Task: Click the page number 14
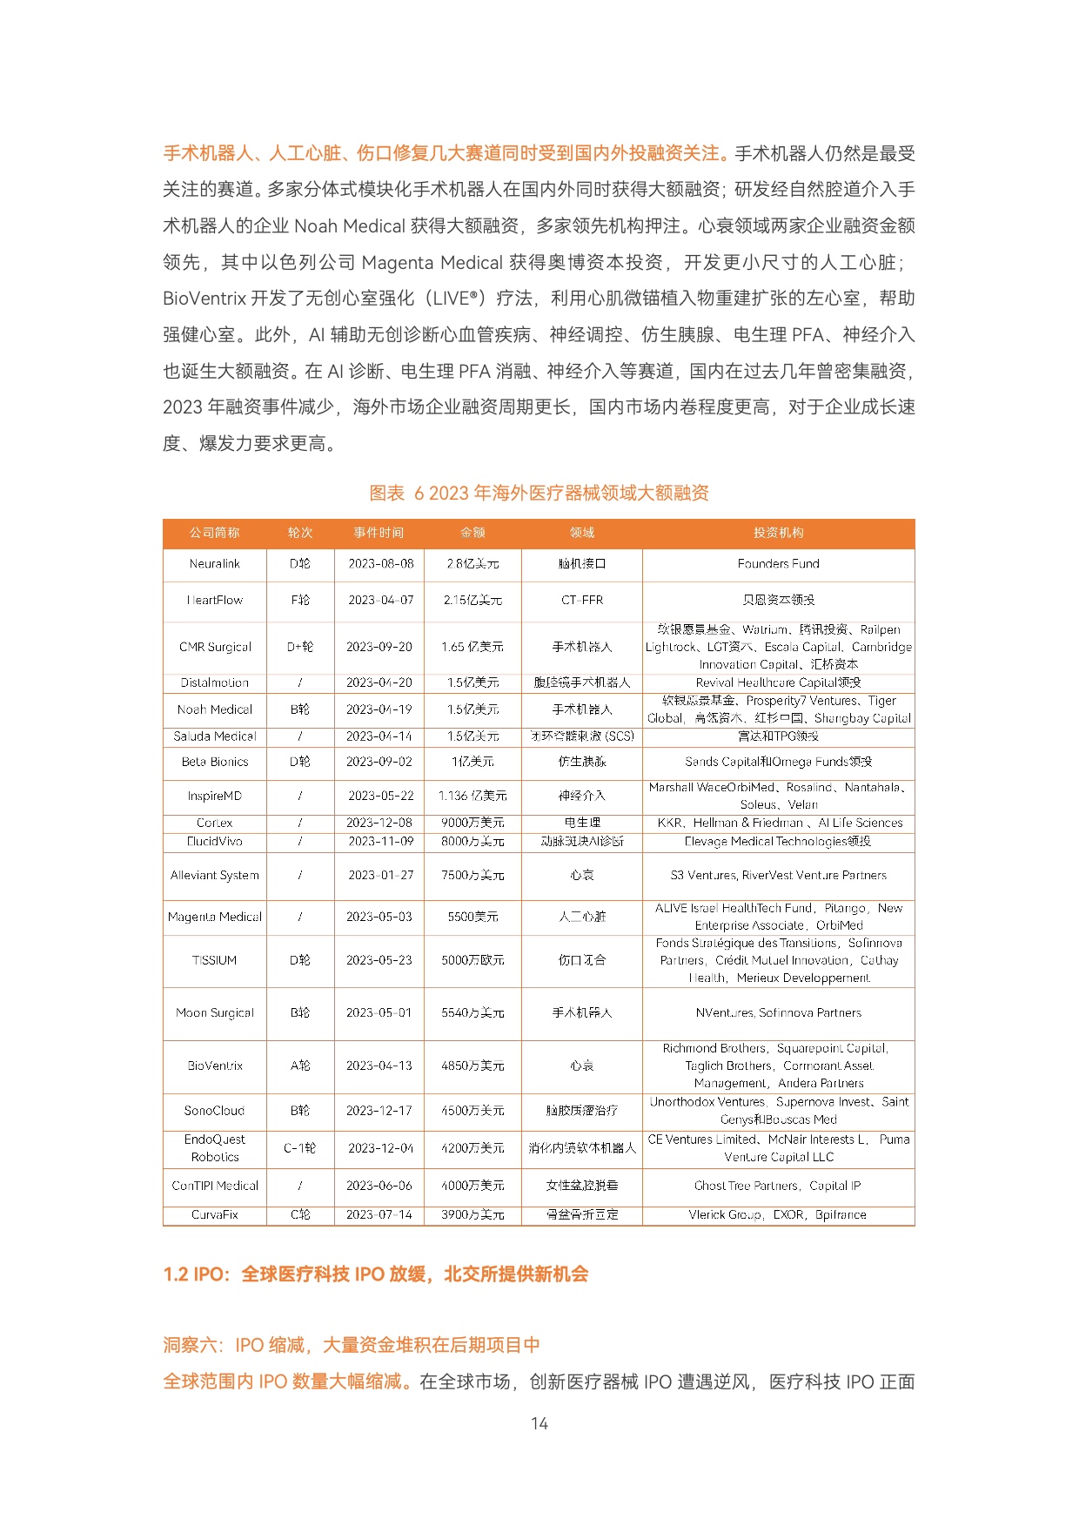(539, 1423)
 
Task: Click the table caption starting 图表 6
(539, 493)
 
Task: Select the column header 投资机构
(778, 533)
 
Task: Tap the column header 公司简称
(214, 533)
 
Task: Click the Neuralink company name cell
(214, 564)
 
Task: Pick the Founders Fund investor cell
(778, 564)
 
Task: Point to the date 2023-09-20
(379, 647)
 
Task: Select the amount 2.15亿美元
(472, 600)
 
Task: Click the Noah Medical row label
(214, 709)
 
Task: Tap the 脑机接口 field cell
(582, 564)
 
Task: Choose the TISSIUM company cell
(214, 960)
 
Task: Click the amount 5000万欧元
(472, 960)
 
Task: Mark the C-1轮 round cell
(300, 1148)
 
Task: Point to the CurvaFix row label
(214, 1214)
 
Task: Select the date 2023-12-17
(379, 1111)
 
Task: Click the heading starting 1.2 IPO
(376, 1274)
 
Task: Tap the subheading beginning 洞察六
(352, 1345)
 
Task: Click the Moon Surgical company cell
(214, 1013)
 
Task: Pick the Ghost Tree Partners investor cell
(778, 1186)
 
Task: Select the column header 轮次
(300, 533)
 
